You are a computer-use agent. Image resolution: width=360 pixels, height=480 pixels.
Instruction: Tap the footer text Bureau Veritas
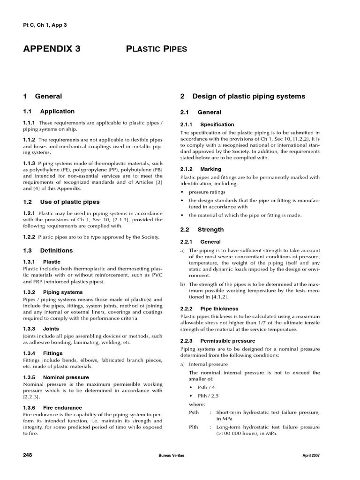tap(172, 456)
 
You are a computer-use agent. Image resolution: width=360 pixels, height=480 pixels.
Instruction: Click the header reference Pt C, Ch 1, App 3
tap(45, 24)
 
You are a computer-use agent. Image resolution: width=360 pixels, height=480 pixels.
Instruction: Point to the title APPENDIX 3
tap(52, 49)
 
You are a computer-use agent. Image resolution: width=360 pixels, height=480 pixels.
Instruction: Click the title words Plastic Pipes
tap(157, 49)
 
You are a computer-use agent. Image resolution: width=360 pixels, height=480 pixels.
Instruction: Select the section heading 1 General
tap(42, 96)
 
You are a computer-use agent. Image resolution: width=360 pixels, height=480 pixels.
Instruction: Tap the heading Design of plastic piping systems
tap(242, 96)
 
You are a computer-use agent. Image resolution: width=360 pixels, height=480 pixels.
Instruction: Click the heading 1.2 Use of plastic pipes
tap(61, 202)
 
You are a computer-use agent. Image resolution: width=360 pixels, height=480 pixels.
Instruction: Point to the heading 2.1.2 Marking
tap(201, 169)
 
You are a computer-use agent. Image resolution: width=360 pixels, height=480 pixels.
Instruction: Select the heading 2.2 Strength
tap(202, 230)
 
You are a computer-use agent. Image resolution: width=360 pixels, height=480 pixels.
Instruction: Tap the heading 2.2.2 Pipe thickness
tap(209, 309)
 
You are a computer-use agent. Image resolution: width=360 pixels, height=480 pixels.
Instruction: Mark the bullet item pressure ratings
tap(207, 192)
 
